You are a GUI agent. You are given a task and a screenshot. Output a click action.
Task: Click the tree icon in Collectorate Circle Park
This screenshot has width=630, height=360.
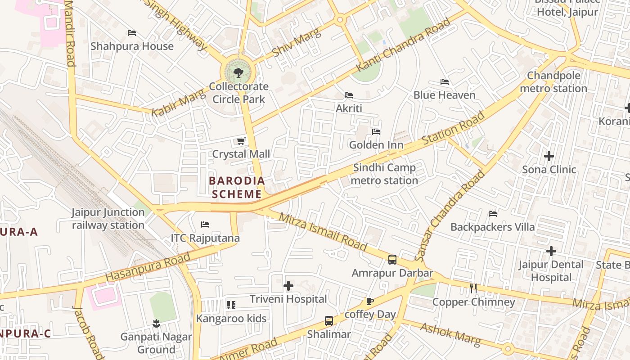(238, 72)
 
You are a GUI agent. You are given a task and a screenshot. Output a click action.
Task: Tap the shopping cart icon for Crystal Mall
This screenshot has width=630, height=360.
(241, 141)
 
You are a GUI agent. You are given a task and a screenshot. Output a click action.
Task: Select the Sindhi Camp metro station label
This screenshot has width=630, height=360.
(384, 174)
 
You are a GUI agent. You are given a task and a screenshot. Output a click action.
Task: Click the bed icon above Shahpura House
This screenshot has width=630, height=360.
(132, 33)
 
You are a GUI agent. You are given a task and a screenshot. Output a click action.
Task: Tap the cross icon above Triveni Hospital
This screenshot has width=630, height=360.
(288, 286)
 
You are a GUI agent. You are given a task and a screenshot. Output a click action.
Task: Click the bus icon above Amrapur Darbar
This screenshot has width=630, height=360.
(392, 260)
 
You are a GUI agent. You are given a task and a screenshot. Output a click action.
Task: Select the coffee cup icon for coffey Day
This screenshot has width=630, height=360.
(369, 301)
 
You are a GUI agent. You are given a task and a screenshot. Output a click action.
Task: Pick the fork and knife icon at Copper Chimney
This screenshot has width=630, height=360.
(473, 288)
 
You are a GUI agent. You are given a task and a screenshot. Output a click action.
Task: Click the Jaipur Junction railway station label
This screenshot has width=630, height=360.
(108, 219)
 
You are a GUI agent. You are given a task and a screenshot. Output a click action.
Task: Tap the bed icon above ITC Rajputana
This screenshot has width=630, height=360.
(205, 225)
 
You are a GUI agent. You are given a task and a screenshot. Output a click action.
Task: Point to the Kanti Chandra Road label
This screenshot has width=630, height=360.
(403, 45)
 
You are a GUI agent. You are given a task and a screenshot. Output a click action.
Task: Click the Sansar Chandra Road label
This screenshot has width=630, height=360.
(450, 216)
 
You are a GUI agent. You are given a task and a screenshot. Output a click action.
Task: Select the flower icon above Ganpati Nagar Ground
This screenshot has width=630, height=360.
(156, 323)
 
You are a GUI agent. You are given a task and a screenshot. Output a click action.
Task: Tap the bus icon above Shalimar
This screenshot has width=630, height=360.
(329, 321)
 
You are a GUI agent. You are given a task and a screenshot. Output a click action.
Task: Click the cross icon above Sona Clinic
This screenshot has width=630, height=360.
(549, 156)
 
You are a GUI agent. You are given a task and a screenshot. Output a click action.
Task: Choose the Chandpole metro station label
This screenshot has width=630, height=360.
(553, 82)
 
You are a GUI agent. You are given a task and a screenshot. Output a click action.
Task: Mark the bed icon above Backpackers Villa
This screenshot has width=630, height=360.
(493, 214)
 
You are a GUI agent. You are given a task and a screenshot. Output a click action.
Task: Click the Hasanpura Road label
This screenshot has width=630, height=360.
(148, 267)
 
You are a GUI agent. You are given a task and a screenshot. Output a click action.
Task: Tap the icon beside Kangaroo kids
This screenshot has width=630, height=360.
(231, 305)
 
